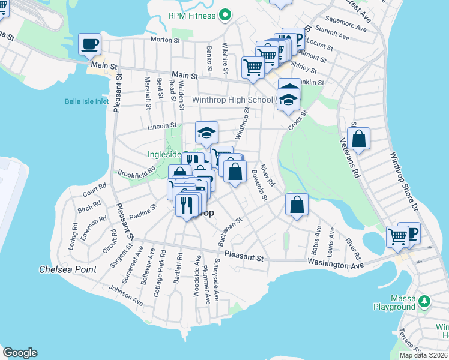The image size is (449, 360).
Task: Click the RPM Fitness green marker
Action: point(226,14)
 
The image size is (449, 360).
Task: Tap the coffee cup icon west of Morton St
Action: point(90,44)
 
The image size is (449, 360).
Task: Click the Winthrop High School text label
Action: point(232,100)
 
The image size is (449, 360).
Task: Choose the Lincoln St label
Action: point(163,127)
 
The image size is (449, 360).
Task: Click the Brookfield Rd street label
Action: point(136,173)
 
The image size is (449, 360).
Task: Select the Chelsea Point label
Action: point(68,269)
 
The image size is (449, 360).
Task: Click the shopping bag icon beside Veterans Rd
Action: point(358,139)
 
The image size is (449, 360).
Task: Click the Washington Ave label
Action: point(336,264)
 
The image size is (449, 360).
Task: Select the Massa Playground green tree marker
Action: point(425,300)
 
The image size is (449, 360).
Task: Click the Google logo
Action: point(20,353)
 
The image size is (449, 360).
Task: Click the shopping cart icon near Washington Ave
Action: point(397,236)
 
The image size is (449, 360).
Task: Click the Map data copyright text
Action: point(424,355)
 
